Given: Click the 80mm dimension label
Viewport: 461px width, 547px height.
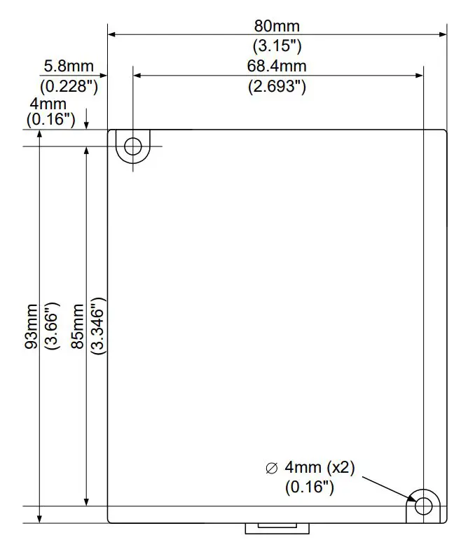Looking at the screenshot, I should (x=277, y=27).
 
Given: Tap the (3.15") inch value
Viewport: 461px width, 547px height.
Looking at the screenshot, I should (x=277, y=46).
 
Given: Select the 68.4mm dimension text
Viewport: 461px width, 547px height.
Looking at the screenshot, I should (x=277, y=67).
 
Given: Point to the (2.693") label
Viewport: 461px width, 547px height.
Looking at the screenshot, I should (x=277, y=87).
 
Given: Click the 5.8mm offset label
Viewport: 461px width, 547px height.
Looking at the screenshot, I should (x=68, y=67).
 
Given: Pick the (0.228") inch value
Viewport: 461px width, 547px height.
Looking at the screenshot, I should (x=68, y=87).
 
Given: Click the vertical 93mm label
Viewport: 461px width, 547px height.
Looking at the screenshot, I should (x=32, y=326).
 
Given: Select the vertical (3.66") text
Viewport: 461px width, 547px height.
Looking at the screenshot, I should (x=51, y=326).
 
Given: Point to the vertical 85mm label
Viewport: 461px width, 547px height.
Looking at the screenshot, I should (x=77, y=326).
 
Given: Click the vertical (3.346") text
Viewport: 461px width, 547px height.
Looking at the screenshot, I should (x=97, y=326).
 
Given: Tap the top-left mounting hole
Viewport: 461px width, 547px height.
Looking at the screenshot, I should (x=132, y=146).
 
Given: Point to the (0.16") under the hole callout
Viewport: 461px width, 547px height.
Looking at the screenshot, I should (x=308, y=487).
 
